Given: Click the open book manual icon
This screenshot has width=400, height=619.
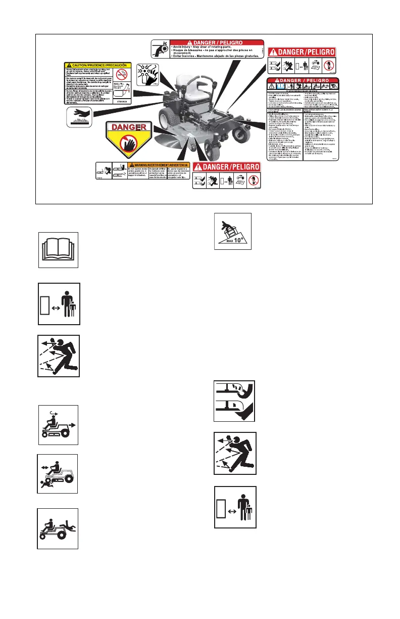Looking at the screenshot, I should click(x=58, y=249).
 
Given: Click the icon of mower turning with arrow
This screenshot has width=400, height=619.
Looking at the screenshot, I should click(x=58, y=425).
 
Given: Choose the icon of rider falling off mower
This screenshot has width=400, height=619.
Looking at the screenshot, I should click(x=58, y=528).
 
